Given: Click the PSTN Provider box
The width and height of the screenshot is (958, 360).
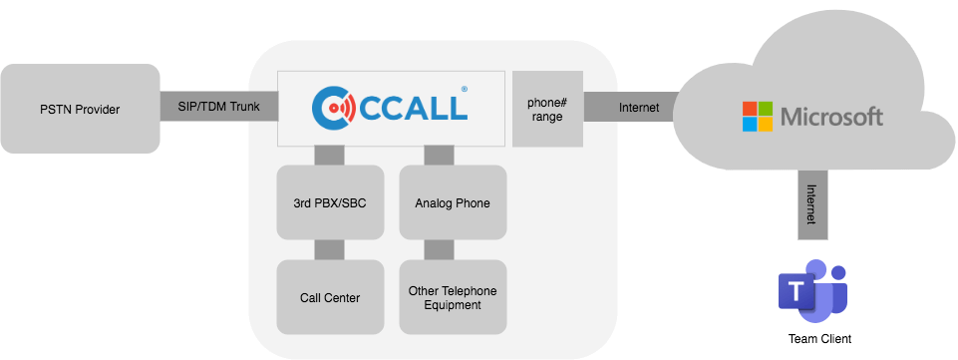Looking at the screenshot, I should (80, 109).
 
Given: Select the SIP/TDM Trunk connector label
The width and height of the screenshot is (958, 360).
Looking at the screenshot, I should (218, 108).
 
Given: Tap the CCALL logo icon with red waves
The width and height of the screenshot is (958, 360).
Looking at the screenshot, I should (332, 106).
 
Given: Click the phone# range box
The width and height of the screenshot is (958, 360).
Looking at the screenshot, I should (546, 108).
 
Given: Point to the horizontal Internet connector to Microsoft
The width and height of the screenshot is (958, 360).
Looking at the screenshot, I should (638, 108).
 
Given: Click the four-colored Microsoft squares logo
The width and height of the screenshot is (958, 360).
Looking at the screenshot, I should (757, 117).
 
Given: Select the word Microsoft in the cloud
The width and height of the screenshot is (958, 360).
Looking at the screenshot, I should (831, 118).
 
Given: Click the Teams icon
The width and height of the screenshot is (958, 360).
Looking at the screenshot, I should (810, 289).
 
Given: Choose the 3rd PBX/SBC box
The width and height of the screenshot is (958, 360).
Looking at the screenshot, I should (329, 202).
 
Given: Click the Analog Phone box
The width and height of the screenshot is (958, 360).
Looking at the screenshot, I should (453, 202).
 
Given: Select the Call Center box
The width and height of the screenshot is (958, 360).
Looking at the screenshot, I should (329, 296).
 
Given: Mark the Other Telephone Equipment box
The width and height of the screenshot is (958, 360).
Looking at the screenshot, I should (453, 296).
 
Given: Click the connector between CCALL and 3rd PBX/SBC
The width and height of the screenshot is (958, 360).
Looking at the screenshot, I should (329, 155).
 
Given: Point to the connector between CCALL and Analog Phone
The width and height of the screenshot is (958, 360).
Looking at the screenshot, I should (439, 155).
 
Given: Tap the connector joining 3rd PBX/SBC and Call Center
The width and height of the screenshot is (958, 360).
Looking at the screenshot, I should (329, 249).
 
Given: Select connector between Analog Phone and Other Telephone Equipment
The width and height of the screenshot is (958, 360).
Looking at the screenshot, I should (439, 249).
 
